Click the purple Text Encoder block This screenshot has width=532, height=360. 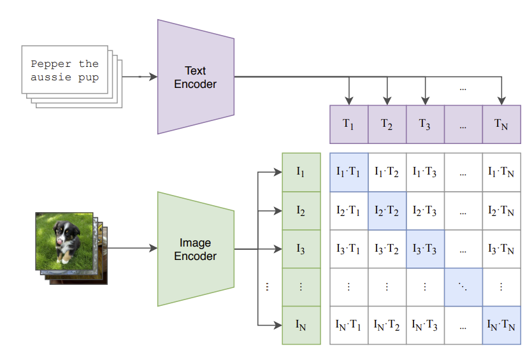(196, 76)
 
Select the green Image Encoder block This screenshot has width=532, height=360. (196, 249)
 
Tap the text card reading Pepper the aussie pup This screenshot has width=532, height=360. (65, 71)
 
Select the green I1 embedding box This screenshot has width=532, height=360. (301, 172)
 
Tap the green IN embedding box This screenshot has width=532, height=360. (301, 325)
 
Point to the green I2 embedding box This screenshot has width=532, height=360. (301, 210)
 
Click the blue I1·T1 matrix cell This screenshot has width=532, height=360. (349, 172)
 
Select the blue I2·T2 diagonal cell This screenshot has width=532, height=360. (387, 210)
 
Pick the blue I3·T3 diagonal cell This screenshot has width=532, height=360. (425, 248)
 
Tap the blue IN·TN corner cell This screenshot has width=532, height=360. (501, 325)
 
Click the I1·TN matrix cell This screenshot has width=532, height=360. (501, 172)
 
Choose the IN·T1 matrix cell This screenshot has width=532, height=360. (349, 325)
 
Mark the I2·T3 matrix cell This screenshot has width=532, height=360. (425, 210)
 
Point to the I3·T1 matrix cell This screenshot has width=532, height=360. (349, 248)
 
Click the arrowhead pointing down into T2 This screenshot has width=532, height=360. (387, 100)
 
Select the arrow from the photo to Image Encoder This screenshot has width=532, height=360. (131, 248)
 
